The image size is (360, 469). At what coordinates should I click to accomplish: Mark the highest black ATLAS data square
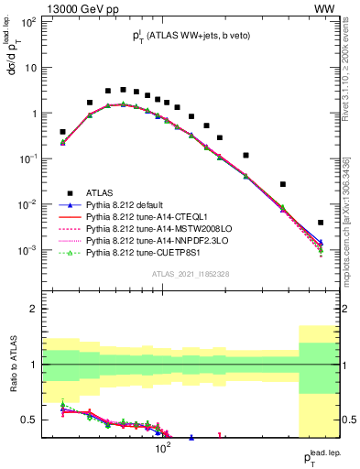coord(123,90)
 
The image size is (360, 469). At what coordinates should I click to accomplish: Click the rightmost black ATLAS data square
coord(321,223)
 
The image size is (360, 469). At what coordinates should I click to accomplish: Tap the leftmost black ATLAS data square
coord(62,132)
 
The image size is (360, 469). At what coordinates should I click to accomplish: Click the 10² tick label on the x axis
coord(163,449)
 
